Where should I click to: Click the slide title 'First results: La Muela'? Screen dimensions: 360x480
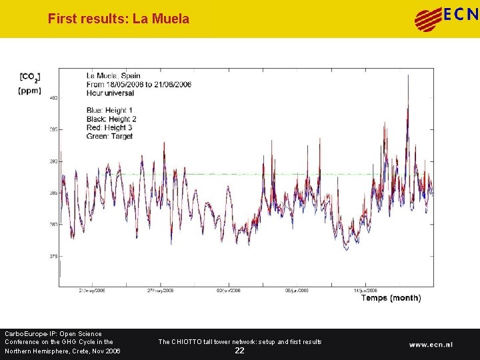pyautogui.click(x=118, y=19)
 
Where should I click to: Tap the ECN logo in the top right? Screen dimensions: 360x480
pyautogui.click(x=446, y=18)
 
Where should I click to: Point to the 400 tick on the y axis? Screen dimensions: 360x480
pyautogui.click(x=53, y=98)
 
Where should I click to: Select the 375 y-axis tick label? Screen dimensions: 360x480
pyautogui.click(x=53, y=256)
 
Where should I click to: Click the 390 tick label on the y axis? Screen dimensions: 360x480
pyautogui.click(x=53, y=161)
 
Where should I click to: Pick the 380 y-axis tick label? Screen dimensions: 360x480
pyautogui.click(x=53, y=225)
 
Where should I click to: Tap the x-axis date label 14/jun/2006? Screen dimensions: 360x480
pyautogui.click(x=365, y=291)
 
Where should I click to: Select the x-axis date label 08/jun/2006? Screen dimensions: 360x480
pyautogui.click(x=297, y=291)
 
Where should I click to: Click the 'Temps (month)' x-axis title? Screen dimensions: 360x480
pyautogui.click(x=391, y=298)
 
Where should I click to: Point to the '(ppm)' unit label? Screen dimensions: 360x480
pyautogui.click(x=30, y=91)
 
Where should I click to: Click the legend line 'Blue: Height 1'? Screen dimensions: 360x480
pyautogui.click(x=109, y=110)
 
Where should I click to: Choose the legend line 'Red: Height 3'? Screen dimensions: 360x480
pyautogui.click(x=109, y=127)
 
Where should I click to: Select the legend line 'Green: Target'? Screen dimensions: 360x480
pyautogui.click(x=109, y=136)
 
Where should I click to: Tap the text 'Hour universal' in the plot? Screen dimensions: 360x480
pyautogui.click(x=110, y=93)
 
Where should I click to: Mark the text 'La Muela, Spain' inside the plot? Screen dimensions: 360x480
pyautogui.click(x=113, y=76)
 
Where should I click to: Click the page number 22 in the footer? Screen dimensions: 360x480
pyautogui.click(x=239, y=351)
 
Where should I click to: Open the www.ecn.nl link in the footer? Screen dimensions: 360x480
pyautogui.click(x=431, y=345)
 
